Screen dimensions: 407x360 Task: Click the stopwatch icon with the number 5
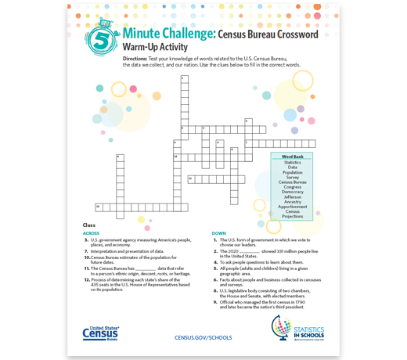[x=102, y=39]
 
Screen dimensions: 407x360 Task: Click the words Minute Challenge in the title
[x=169, y=34]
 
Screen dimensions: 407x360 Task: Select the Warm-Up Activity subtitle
[x=155, y=48]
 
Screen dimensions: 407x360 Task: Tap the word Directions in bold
[x=135, y=59]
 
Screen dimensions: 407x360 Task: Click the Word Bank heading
[x=293, y=157]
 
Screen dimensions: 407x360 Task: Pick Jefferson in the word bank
[x=293, y=196]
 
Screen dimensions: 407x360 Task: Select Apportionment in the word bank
[x=293, y=207]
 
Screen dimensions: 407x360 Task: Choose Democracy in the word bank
[x=293, y=192]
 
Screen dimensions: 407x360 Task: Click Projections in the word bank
[x=293, y=216]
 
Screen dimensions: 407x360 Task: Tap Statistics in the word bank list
[x=293, y=162]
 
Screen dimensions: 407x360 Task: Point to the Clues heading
[x=89, y=225]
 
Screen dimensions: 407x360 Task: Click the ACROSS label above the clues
[x=92, y=233]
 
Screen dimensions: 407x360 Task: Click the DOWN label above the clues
[x=219, y=233]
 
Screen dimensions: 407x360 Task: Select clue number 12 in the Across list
[x=88, y=279]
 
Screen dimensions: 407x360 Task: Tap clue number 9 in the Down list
[x=215, y=302]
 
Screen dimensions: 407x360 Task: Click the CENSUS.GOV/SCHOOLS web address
[x=203, y=337]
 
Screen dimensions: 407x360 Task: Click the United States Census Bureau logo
[x=101, y=333]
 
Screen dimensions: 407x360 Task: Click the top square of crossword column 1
[x=185, y=79]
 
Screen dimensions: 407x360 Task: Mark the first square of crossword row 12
[x=99, y=207]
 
